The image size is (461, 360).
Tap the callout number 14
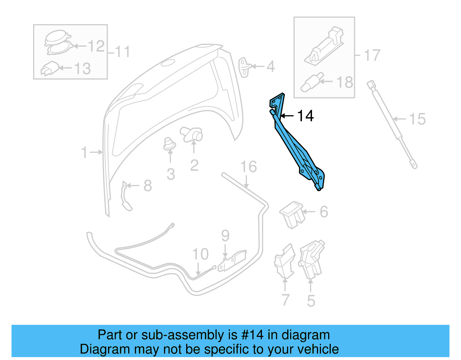coord(305,116)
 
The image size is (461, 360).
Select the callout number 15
coord(417,119)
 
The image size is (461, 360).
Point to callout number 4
coord(271,67)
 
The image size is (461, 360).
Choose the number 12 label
coord(96,46)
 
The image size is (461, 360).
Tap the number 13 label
coord(82,69)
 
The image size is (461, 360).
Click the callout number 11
coord(123,52)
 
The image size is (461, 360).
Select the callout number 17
coord(372,55)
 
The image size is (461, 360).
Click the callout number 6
coord(324,212)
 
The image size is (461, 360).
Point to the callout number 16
coord(248,167)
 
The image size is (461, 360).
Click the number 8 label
coord(148,186)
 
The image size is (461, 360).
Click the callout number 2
coord(194,165)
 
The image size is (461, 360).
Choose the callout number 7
coord(285,300)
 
